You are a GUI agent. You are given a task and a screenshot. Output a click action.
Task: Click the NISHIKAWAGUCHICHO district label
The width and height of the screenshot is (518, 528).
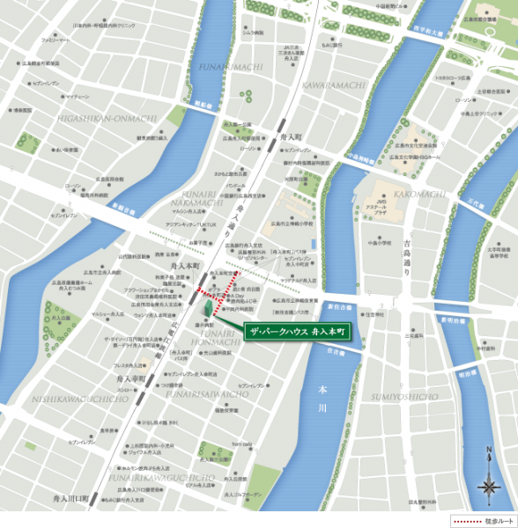(x=68, y=398)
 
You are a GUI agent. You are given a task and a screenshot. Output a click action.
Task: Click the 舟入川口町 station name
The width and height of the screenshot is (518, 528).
(x=70, y=498)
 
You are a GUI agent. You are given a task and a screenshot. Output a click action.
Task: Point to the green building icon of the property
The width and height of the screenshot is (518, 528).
(x=208, y=309)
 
